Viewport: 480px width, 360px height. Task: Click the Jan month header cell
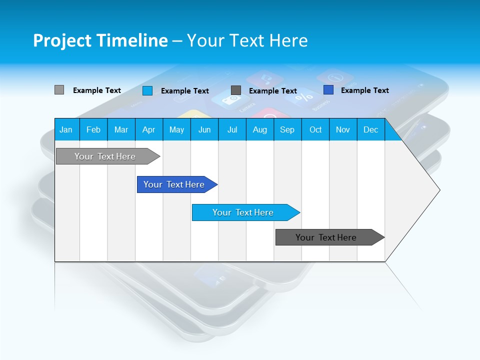pos(66,129)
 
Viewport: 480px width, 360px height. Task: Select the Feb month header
pos(93,129)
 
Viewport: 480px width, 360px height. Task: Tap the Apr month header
pos(149,129)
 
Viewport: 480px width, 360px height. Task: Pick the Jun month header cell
pos(204,129)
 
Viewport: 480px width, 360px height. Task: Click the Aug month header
pos(260,129)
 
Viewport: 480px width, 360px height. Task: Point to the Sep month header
pos(287,129)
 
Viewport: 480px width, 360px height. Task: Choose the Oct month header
pos(315,129)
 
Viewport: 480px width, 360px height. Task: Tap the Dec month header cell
pos(371,129)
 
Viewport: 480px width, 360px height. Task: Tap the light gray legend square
pos(59,90)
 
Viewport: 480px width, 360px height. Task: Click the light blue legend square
pos(147,90)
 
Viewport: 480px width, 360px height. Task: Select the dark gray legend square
pos(236,90)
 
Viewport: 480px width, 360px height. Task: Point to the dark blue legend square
pos(328,90)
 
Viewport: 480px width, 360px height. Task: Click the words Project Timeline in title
pos(100,40)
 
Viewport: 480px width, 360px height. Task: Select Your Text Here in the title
pos(247,40)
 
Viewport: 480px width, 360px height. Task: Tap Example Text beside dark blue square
pos(364,90)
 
